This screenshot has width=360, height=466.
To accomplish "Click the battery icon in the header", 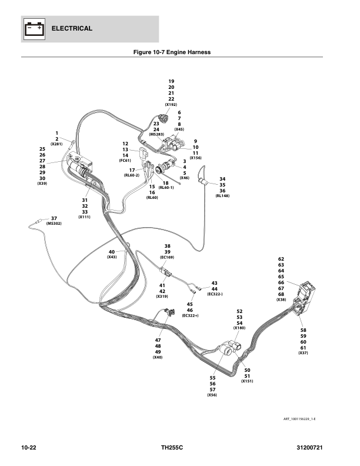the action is (34, 29).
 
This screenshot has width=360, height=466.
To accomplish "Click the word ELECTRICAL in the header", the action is (72, 28).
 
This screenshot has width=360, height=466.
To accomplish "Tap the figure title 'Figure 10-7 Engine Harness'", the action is (172, 52).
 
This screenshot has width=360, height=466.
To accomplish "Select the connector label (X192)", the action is (171, 105).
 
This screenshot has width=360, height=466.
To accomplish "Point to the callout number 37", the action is (54, 218).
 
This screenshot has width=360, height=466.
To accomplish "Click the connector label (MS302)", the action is (54, 224).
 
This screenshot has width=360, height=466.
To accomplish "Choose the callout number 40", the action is (112, 252).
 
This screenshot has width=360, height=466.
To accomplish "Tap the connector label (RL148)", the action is (222, 196).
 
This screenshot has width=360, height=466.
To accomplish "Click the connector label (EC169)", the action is (167, 257).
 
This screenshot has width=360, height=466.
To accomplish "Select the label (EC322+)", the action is (190, 315).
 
